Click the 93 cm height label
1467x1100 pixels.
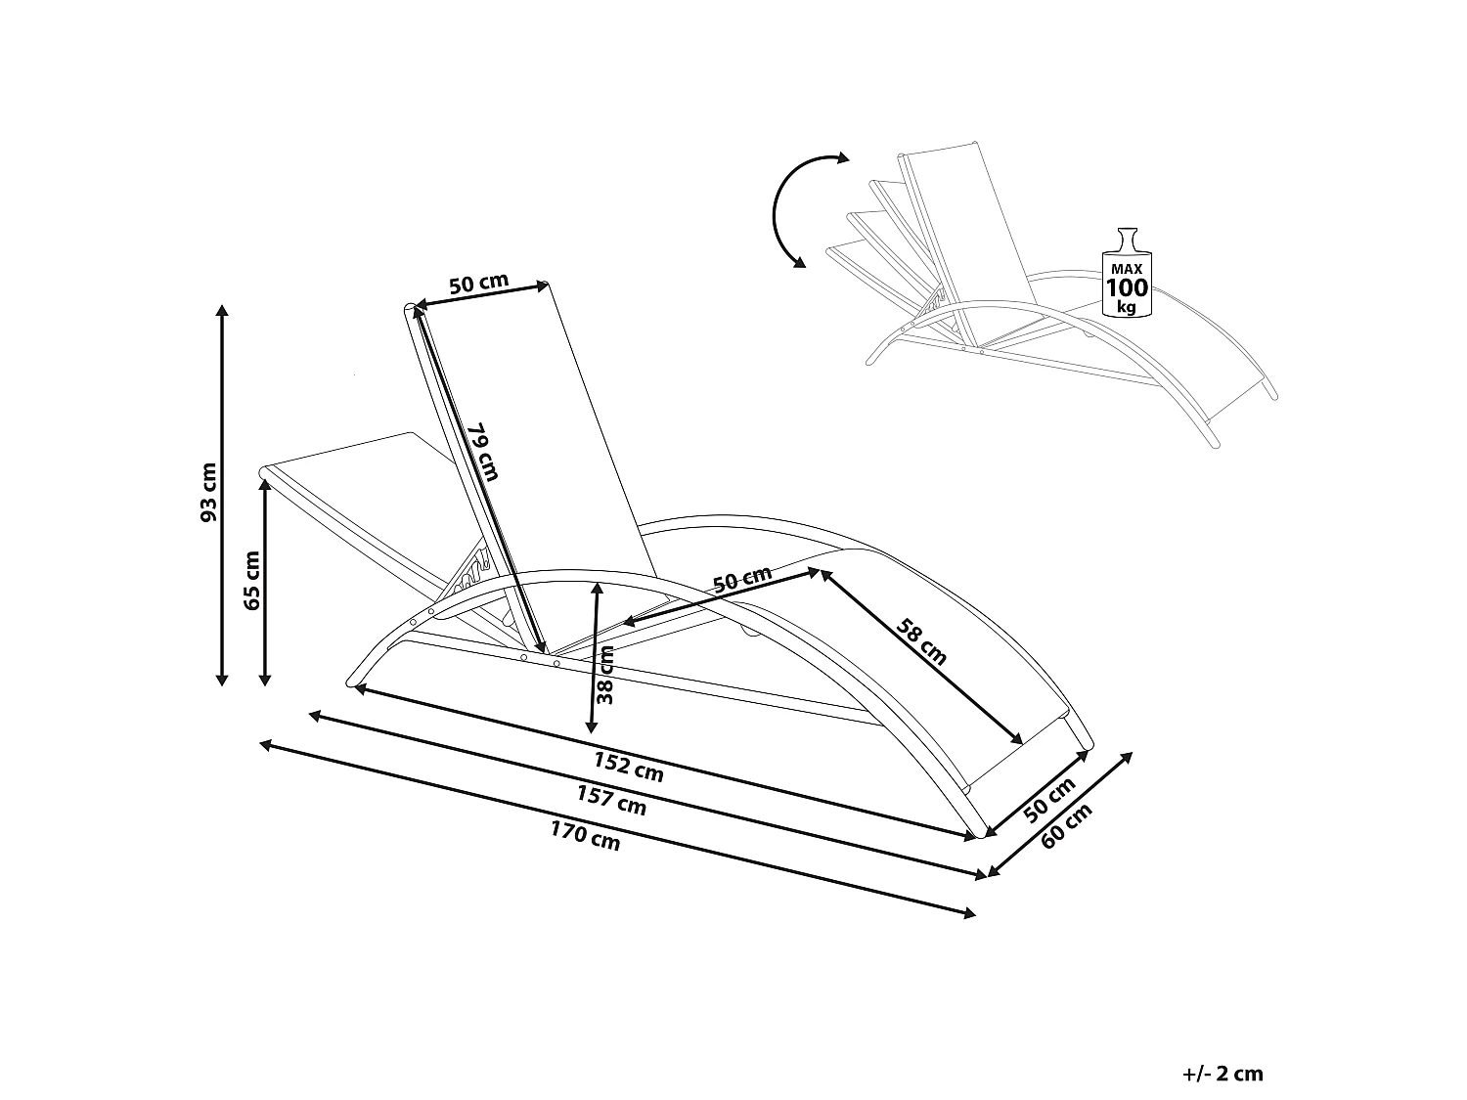[208, 492]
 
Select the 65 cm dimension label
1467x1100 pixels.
[251, 580]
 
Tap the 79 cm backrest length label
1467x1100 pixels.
[482, 452]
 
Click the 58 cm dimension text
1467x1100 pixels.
[922, 641]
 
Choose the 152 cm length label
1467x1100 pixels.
[629, 767]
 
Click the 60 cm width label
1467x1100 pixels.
[1066, 827]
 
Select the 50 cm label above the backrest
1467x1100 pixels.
[478, 284]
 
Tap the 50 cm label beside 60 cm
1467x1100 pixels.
[1050, 799]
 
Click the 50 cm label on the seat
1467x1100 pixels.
[742, 580]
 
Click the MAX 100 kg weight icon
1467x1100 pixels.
[1127, 273]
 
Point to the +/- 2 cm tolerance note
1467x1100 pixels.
[1222, 1074]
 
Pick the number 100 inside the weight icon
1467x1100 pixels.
[1127, 287]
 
